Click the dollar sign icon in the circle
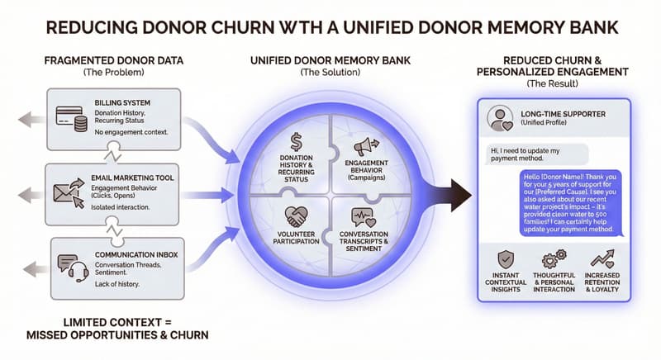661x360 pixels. pyautogui.click(x=296, y=142)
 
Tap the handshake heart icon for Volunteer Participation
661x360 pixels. pyautogui.click(x=296, y=216)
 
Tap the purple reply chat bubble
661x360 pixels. pyautogui.click(x=571, y=206)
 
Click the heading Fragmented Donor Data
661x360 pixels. pyautogui.click(x=112, y=62)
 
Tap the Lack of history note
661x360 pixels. pyautogui.click(x=117, y=284)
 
